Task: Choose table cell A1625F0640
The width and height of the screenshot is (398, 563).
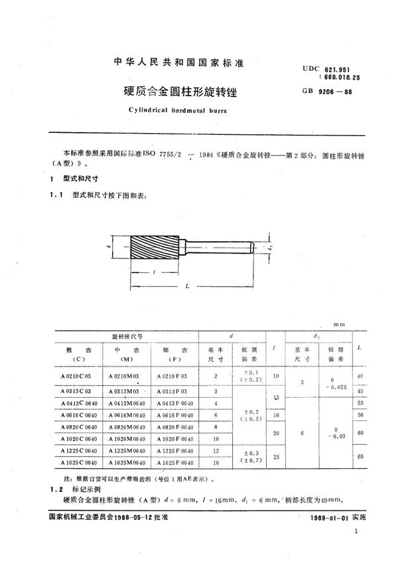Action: [x=175, y=462]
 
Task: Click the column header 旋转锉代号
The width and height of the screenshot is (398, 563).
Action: [x=124, y=337]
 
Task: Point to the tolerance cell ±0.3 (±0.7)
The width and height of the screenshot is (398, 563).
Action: [x=226, y=456]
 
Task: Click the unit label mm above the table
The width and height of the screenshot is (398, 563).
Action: [x=340, y=325]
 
